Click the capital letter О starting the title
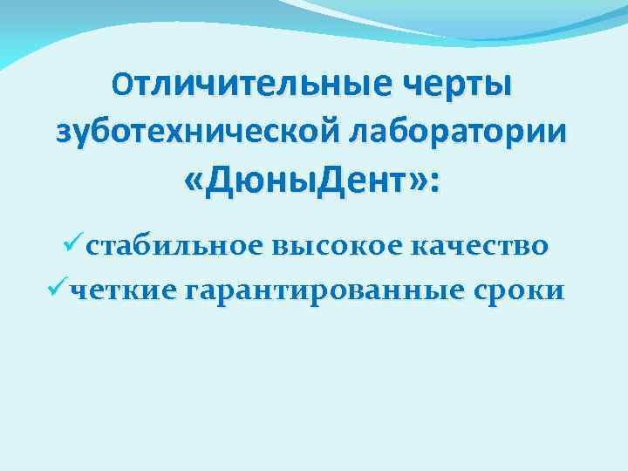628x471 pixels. click(122, 85)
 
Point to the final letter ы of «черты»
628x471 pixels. click(501, 86)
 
